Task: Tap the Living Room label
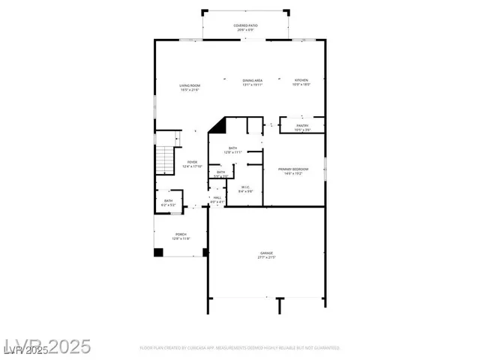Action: point(189,87)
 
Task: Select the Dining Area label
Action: point(251,82)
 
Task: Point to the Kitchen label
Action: point(300,82)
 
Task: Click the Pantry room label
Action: point(301,127)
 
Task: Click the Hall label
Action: point(217,199)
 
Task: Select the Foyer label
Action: point(192,164)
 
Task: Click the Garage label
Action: point(266,255)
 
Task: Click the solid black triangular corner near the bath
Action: point(218,125)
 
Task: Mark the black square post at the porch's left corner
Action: point(158,252)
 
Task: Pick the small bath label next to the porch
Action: point(168,202)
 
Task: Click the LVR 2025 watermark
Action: point(46,346)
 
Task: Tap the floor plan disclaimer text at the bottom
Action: point(240,348)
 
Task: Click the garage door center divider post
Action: point(280,305)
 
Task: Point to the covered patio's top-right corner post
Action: point(285,12)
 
